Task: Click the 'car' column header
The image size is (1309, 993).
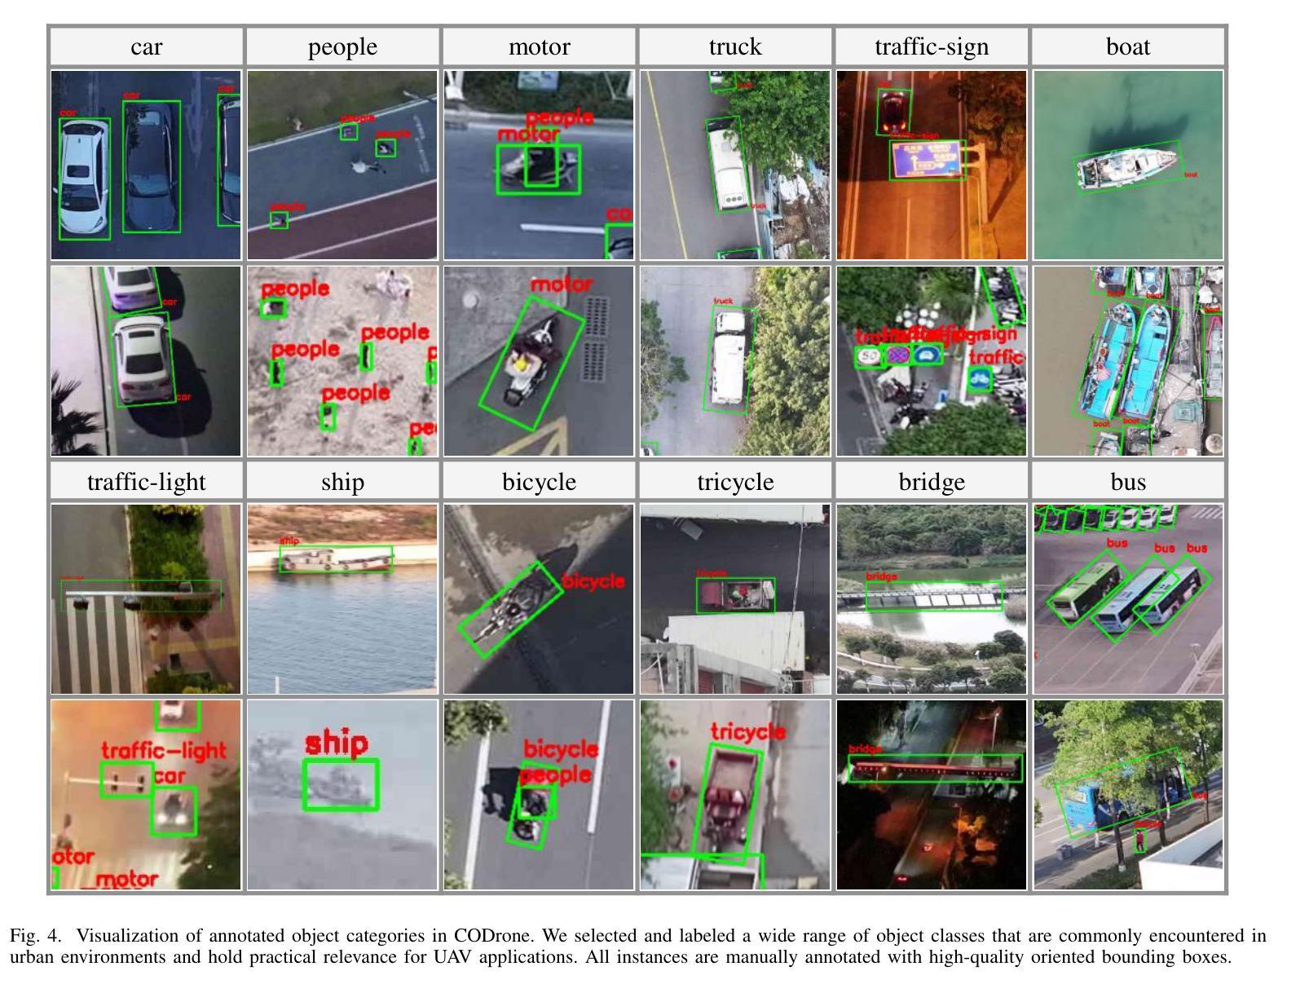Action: [146, 47]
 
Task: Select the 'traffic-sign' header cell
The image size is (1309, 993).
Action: [932, 47]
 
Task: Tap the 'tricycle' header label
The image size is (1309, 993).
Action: [735, 482]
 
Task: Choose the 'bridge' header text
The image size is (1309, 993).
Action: [932, 482]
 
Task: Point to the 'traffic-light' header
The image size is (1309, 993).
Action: [146, 482]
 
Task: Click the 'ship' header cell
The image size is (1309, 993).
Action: [342, 482]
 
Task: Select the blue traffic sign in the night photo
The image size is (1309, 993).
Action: [927, 158]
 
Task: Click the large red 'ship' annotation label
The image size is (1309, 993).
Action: [337, 744]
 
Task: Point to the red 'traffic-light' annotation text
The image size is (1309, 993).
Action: [163, 750]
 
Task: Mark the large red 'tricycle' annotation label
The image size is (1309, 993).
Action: [747, 731]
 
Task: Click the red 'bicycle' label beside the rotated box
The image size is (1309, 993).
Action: [594, 582]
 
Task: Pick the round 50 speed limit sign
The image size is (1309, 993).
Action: [869, 356]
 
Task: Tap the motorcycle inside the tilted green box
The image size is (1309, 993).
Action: [528, 363]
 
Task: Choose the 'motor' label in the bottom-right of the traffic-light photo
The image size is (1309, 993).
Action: [126, 880]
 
